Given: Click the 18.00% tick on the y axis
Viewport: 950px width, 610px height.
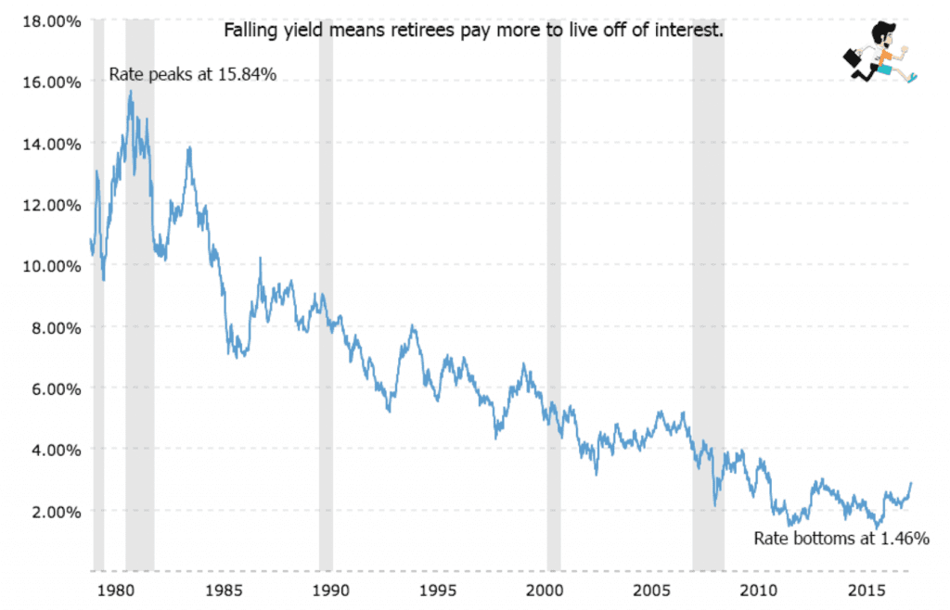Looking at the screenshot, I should [x=45, y=20].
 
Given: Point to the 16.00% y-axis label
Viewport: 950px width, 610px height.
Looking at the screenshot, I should [x=45, y=82].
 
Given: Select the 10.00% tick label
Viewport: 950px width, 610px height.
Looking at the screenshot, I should [x=45, y=266].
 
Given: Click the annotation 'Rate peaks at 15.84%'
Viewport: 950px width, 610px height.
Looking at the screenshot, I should [x=193, y=74].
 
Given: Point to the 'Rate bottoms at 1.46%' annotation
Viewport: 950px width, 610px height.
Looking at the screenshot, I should [x=841, y=538].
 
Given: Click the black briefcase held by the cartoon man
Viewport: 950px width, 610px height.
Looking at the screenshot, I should [x=852, y=57].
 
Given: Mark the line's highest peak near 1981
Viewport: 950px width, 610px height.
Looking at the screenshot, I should [x=131, y=91].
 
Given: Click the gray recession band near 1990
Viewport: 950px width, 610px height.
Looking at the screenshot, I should [x=326, y=278].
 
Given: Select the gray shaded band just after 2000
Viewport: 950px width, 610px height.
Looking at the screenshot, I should [x=553, y=278].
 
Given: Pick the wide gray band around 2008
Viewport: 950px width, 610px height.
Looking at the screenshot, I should [x=708, y=278].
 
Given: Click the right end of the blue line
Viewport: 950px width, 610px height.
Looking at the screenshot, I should [x=911, y=483].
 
